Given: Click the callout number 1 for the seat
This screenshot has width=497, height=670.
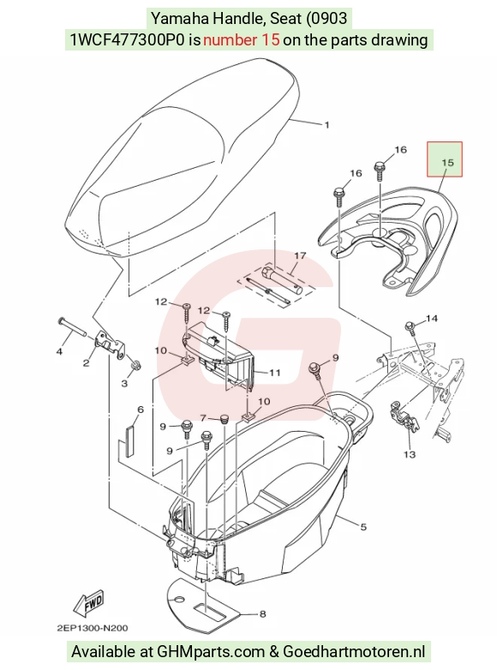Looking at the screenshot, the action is tap(327, 125).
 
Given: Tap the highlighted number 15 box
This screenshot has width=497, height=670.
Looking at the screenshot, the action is tap(445, 159).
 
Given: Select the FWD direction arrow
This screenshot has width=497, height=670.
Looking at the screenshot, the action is tap(89, 603).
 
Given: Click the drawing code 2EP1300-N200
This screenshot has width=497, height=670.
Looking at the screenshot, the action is tap(93, 628).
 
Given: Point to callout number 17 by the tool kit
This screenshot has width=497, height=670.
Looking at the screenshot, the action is tap(301, 255).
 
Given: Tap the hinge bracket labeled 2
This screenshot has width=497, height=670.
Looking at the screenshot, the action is tap(111, 343).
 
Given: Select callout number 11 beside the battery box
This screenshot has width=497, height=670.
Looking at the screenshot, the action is tap(274, 373).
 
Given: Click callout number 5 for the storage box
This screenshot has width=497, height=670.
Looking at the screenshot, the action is tap(363, 527).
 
